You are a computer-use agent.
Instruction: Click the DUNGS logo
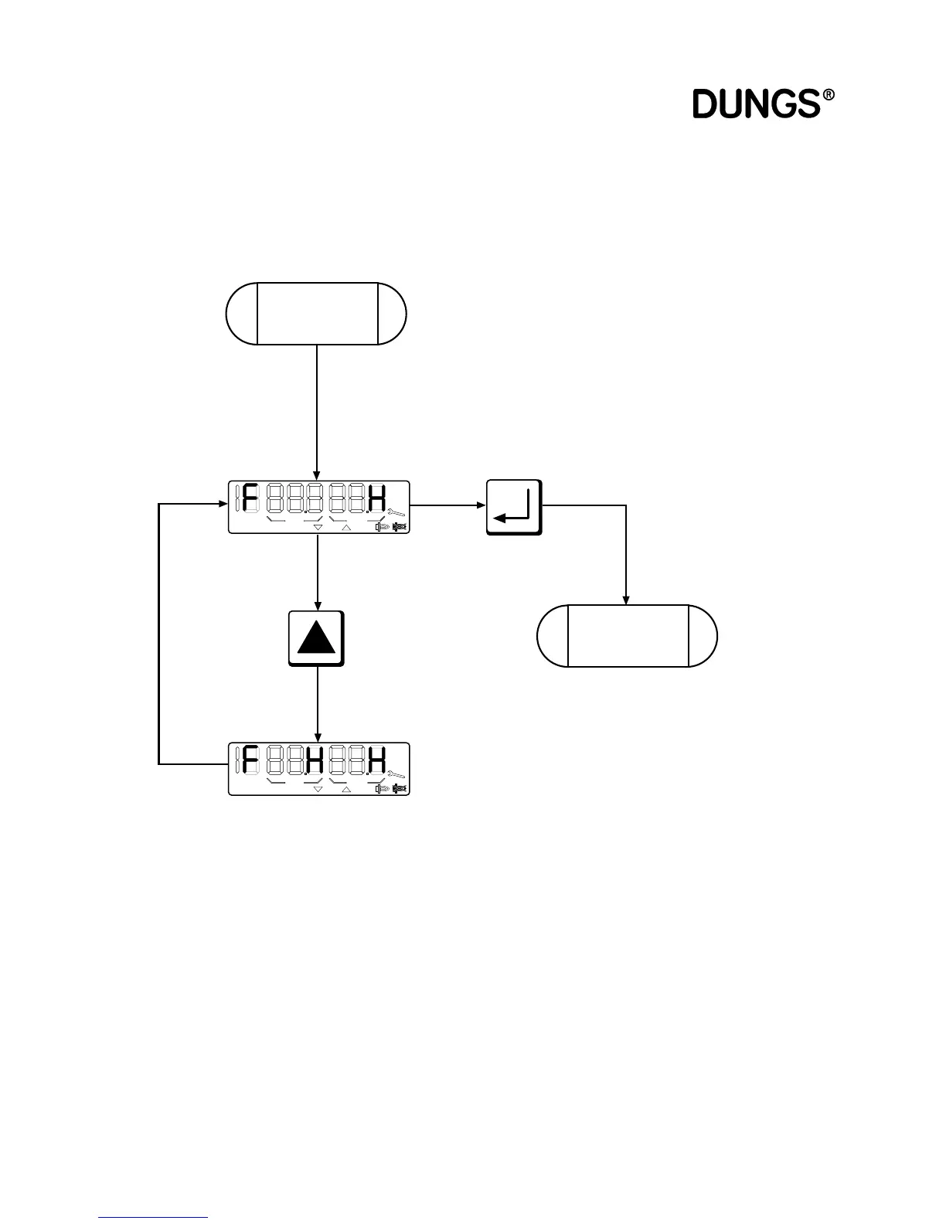click(x=756, y=104)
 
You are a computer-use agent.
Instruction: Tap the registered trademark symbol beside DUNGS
click(x=829, y=96)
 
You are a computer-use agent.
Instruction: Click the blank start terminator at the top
click(x=316, y=314)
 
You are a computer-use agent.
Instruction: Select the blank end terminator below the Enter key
click(x=627, y=636)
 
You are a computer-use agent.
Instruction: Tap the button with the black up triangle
click(x=316, y=638)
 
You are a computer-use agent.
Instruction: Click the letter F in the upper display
click(x=249, y=498)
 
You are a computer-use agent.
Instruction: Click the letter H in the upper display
click(x=377, y=498)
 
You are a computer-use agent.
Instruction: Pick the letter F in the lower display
click(x=249, y=760)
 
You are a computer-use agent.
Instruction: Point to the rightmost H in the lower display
click(x=377, y=760)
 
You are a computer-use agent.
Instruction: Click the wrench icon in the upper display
click(x=398, y=512)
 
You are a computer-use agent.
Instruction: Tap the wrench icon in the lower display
click(x=398, y=773)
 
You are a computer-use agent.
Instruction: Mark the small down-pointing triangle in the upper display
click(x=318, y=528)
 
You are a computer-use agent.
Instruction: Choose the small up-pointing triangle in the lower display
click(x=345, y=789)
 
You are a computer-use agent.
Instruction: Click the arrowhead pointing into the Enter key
click(x=480, y=506)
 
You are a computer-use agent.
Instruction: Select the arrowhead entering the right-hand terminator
click(x=626, y=600)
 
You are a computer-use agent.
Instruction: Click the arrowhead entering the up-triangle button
click(x=317, y=606)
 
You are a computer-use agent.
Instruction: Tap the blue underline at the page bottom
click(x=153, y=1218)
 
